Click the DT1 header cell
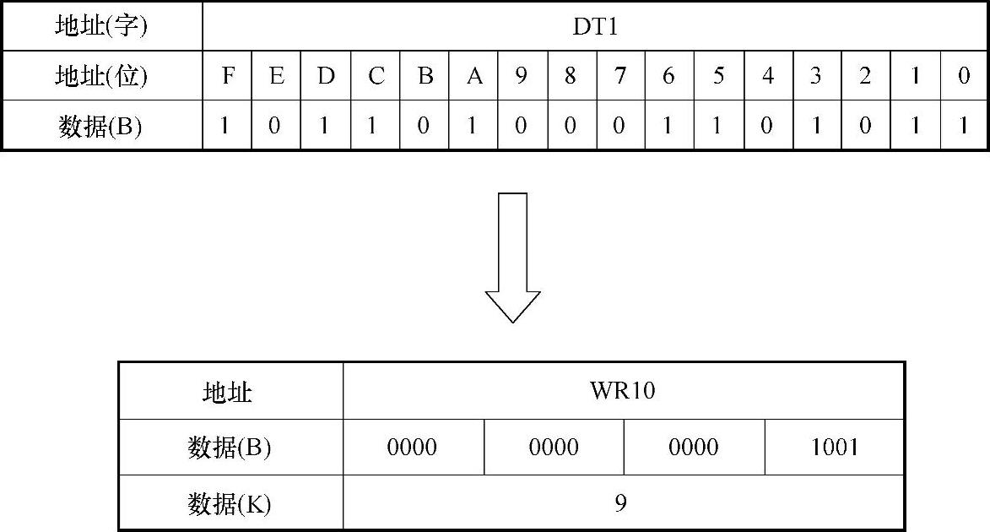(x=595, y=27)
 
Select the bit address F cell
(x=227, y=76)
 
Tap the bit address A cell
(x=474, y=76)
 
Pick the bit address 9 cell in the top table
(x=522, y=76)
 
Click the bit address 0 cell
(x=965, y=76)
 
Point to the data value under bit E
(x=276, y=126)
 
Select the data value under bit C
(x=375, y=126)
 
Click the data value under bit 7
(x=620, y=126)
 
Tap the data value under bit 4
(x=768, y=126)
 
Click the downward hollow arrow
(x=512, y=258)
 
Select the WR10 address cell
(x=623, y=392)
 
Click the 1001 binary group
(x=834, y=448)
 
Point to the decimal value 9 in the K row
(x=621, y=504)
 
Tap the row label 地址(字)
(x=101, y=27)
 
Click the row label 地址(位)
(x=101, y=76)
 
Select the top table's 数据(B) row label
(x=101, y=126)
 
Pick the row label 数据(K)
(x=230, y=504)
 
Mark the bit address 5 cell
(x=718, y=76)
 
